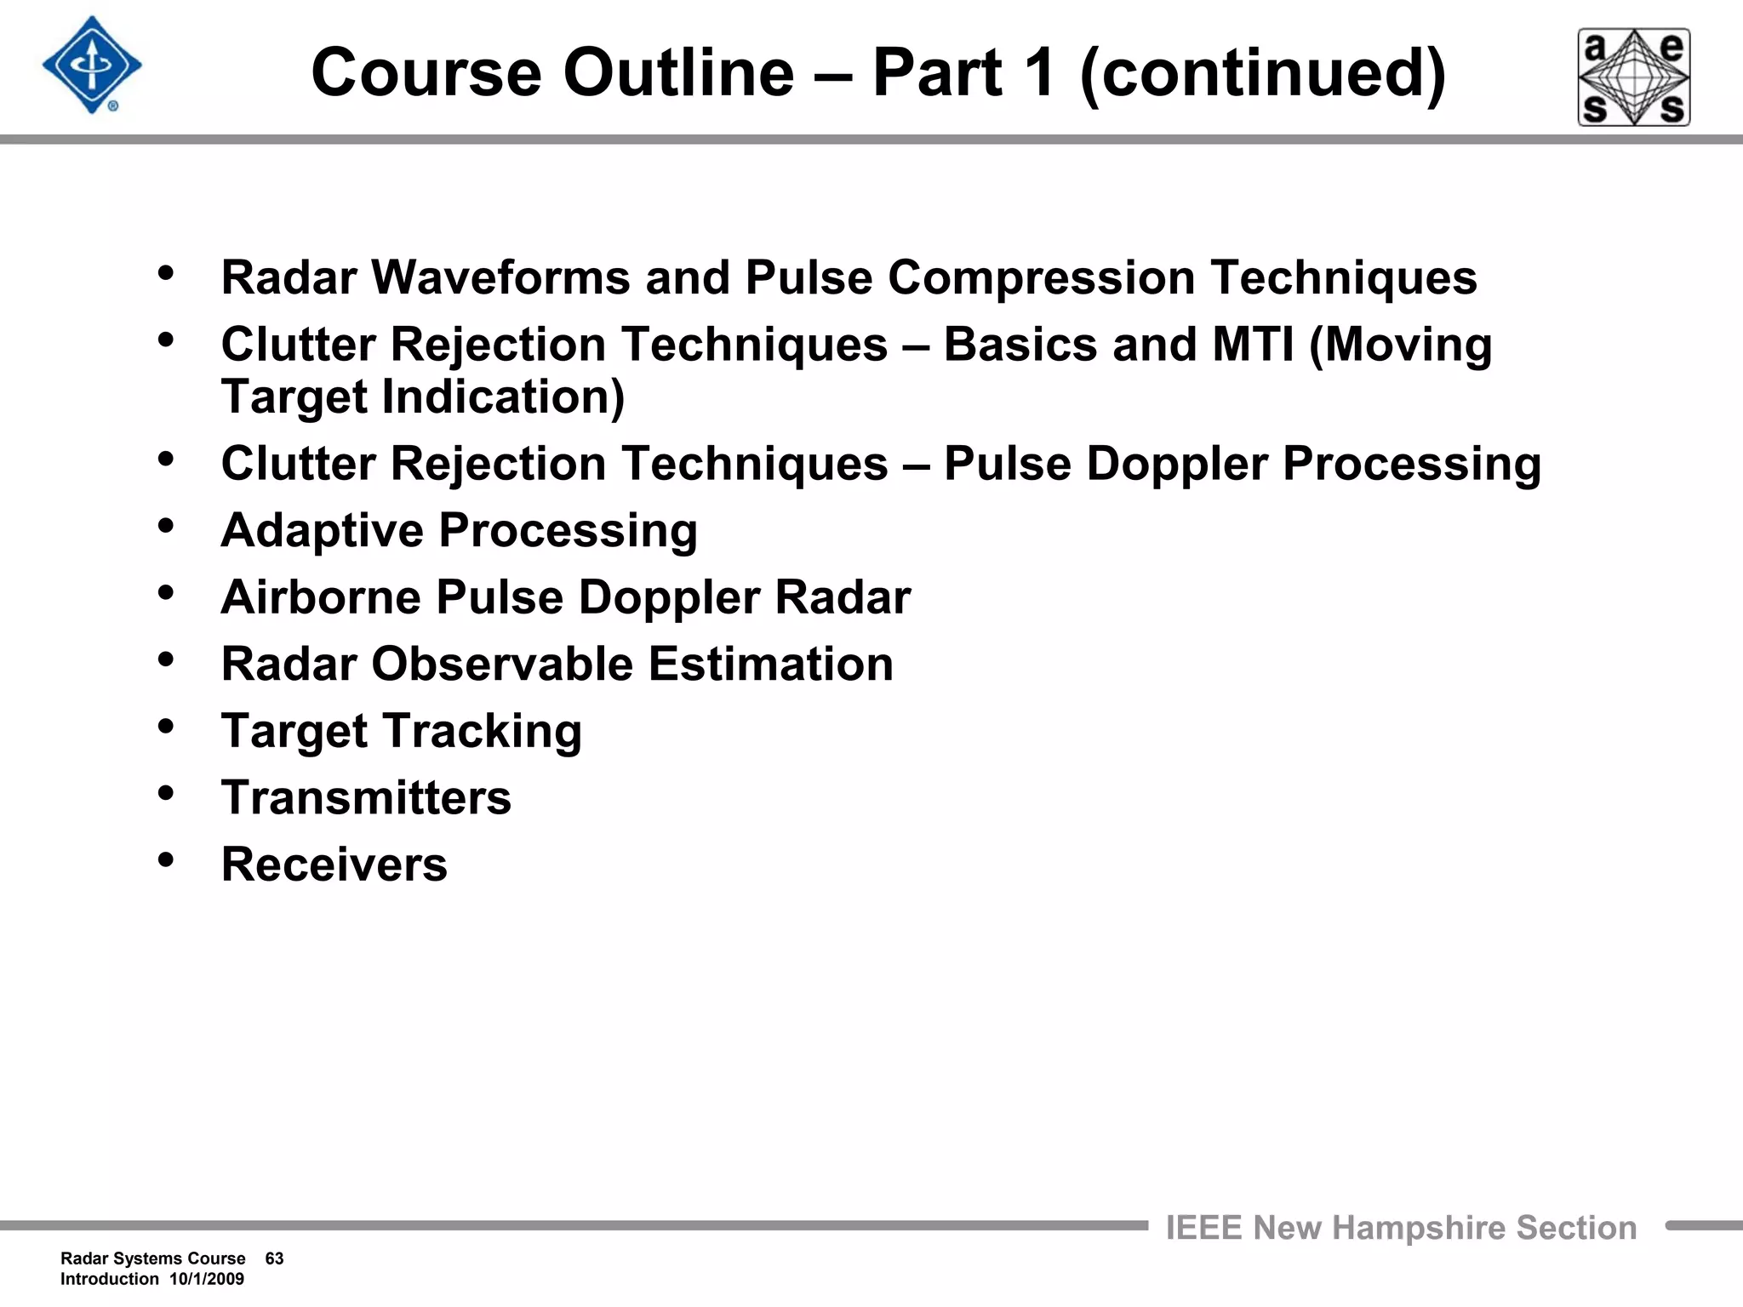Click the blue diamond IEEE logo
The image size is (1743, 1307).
[x=92, y=66]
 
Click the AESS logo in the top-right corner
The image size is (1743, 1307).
[x=1634, y=77]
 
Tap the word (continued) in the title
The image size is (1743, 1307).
[x=1263, y=74]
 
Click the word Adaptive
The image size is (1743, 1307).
[x=322, y=531]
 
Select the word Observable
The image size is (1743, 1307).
[x=502, y=664]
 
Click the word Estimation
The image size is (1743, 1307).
[x=771, y=664]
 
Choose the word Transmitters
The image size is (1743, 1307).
[x=366, y=797]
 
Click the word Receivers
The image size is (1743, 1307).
[x=334, y=865]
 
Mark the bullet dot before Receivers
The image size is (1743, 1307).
[x=166, y=859]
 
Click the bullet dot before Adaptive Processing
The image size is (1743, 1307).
[x=166, y=524]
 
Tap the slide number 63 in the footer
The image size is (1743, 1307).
[x=274, y=1258]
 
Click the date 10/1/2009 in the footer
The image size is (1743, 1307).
[x=207, y=1279]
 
